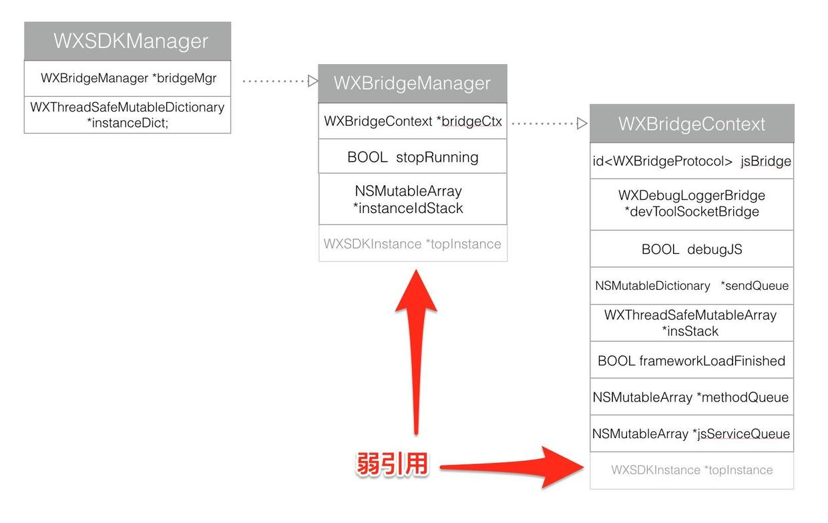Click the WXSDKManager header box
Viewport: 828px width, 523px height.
click(128, 41)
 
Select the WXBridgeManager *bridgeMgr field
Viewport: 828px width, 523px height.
click(128, 78)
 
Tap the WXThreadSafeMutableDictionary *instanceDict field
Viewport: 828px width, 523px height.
click(128, 114)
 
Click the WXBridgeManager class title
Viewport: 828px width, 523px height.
click(412, 83)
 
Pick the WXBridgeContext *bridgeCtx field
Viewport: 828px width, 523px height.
click(412, 122)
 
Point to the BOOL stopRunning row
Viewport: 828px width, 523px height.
click(412, 157)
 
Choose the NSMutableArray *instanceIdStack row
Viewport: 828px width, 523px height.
click(412, 199)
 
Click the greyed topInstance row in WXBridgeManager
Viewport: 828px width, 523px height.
click(412, 244)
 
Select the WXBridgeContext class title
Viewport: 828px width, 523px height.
click(692, 124)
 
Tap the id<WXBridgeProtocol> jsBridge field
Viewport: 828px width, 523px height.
click(692, 161)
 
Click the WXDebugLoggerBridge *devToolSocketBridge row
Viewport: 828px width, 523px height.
click(692, 204)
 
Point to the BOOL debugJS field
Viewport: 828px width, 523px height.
click(692, 249)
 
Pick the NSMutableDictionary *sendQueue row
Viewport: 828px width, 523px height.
click(692, 286)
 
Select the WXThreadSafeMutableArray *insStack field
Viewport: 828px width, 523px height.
click(692, 323)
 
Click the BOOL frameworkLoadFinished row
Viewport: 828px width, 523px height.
click(692, 361)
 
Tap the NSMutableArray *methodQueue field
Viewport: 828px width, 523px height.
click(692, 397)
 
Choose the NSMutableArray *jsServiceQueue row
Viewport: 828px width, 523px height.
click(692, 434)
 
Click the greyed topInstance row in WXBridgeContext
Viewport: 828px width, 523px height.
click(692, 470)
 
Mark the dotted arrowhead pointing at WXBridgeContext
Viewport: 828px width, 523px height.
click(582, 124)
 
